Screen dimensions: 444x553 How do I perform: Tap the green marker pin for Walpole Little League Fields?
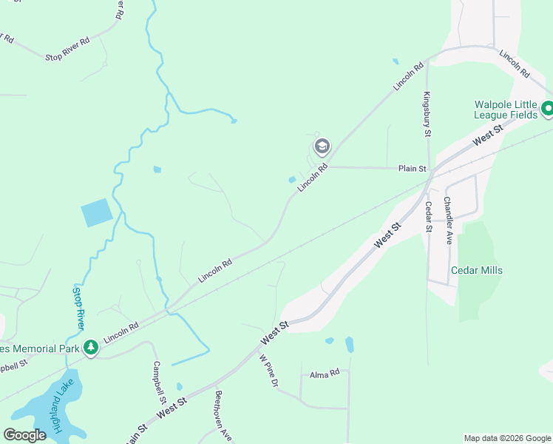click(x=547, y=110)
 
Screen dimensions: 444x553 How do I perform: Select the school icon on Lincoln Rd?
click(x=322, y=146)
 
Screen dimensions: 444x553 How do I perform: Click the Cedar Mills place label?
click(x=477, y=270)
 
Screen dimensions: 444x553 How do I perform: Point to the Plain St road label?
click(x=413, y=169)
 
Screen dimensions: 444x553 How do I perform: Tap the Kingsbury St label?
click(x=427, y=113)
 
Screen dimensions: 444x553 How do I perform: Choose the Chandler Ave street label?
click(x=448, y=221)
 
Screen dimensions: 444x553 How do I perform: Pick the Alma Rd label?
click(x=324, y=373)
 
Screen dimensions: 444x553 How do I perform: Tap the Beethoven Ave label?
click(x=219, y=416)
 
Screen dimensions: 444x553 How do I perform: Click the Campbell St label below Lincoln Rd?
click(x=157, y=382)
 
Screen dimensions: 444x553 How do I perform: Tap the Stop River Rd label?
click(x=67, y=57)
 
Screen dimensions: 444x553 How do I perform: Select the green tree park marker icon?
click(x=91, y=346)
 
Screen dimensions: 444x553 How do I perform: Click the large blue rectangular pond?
click(x=97, y=213)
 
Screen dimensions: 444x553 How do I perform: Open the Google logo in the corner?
click(x=24, y=435)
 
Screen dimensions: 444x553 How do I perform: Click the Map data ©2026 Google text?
click(x=506, y=438)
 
